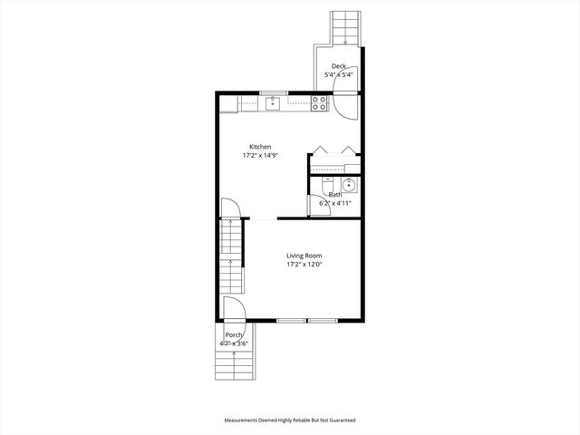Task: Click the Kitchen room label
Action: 260,147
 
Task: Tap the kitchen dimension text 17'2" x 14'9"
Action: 260,156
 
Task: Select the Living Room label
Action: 304,256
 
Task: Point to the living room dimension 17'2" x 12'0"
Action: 304,265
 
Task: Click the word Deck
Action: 339,66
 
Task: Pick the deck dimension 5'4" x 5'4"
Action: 339,74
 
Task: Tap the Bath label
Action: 335,194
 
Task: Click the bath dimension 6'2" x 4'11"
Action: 335,203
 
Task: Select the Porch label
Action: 234,335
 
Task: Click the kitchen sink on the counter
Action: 274,104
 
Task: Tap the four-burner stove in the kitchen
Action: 319,104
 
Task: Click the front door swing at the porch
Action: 232,308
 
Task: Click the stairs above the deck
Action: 344,27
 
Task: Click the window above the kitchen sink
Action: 274,92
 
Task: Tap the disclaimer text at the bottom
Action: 290,420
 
